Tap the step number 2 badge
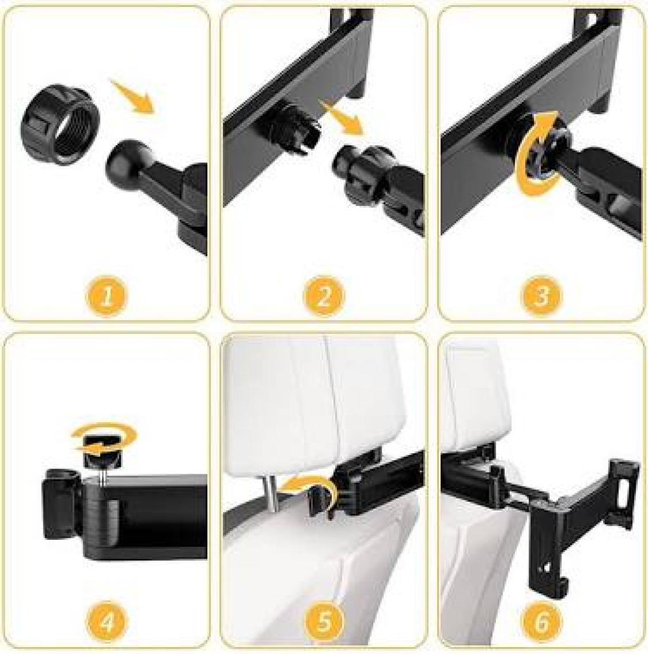click(324, 297)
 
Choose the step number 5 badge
click(324, 622)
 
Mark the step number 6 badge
click(541, 622)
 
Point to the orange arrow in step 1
click(132, 96)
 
